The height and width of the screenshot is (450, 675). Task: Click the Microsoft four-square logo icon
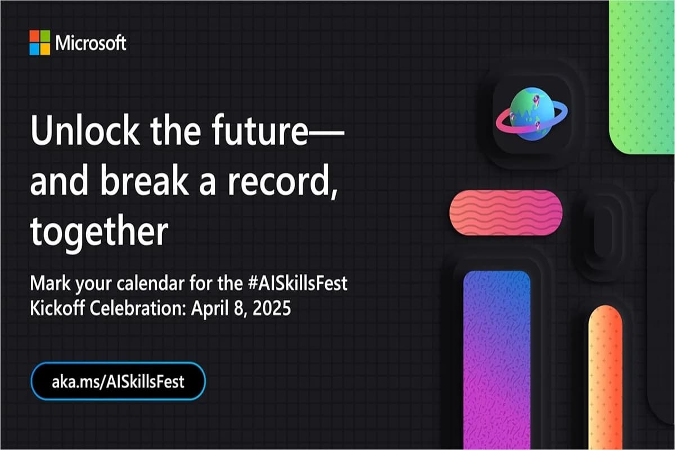(40, 43)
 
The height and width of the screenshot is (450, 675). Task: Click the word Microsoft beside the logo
(91, 43)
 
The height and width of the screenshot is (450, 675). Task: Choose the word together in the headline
(99, 231)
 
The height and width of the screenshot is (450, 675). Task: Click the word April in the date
(213, 309)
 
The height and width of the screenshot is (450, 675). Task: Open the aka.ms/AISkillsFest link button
(118, 381)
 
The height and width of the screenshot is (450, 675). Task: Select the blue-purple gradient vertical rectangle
(497, 360)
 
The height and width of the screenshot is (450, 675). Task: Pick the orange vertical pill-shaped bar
(605, 377)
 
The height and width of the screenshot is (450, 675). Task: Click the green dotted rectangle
(642, 73)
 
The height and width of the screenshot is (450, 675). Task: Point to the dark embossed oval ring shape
(602, 231)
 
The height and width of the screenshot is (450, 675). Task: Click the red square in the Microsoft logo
(34, 37)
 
